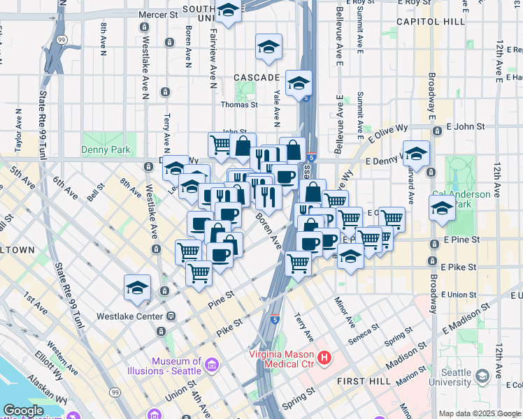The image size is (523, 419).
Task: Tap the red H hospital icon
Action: click(x=324, y=359)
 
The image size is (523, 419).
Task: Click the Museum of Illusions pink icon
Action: click(x=211, y=364)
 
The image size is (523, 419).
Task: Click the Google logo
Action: click(x=23, y=411)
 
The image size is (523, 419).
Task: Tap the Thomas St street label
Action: click(x=239, y=105)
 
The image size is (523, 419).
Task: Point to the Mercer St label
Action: click(x=159, y=14)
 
